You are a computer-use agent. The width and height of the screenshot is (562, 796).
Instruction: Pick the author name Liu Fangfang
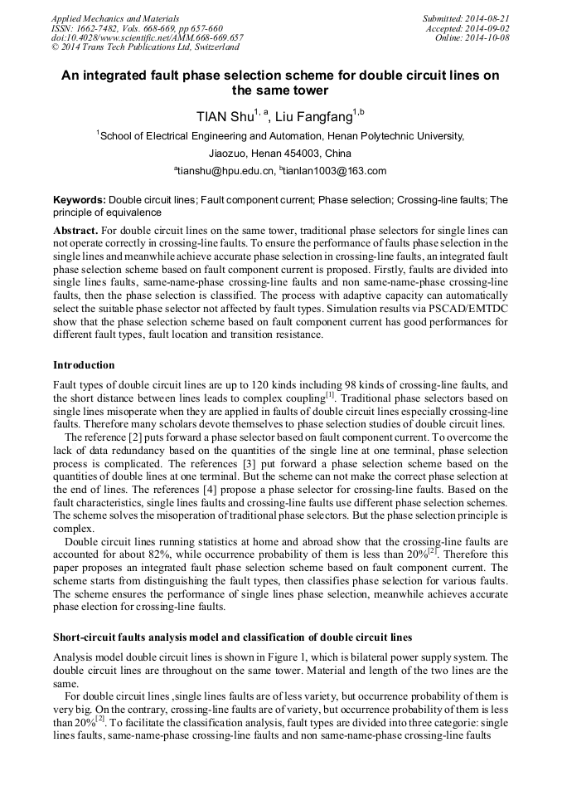click(314, 117)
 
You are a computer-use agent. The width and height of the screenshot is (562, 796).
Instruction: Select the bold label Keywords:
click(80, 201)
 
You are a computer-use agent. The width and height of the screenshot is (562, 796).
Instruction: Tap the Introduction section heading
click(84, 364)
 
